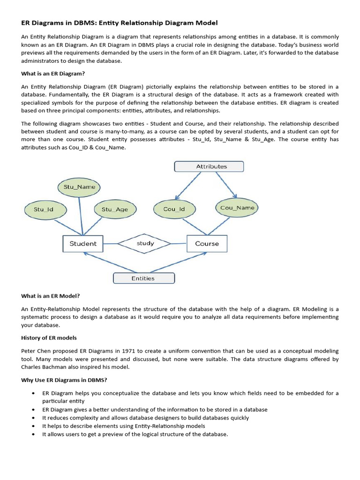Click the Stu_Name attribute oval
[79, 187]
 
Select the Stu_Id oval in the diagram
[44, 210]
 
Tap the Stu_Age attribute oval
[114, 210]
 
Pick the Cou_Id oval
[174, 209]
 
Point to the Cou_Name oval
[237, 207]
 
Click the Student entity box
[82, 244]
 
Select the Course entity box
[207, 244]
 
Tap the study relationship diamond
[145, 243]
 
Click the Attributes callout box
[209, 166]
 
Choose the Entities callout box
[143, 278]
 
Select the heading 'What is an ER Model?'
[51, 296]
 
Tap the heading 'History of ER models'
[49, 338]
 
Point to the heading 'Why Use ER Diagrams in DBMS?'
[65, 380]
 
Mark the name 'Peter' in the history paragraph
[29, 351]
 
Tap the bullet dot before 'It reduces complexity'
[33, 418]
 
